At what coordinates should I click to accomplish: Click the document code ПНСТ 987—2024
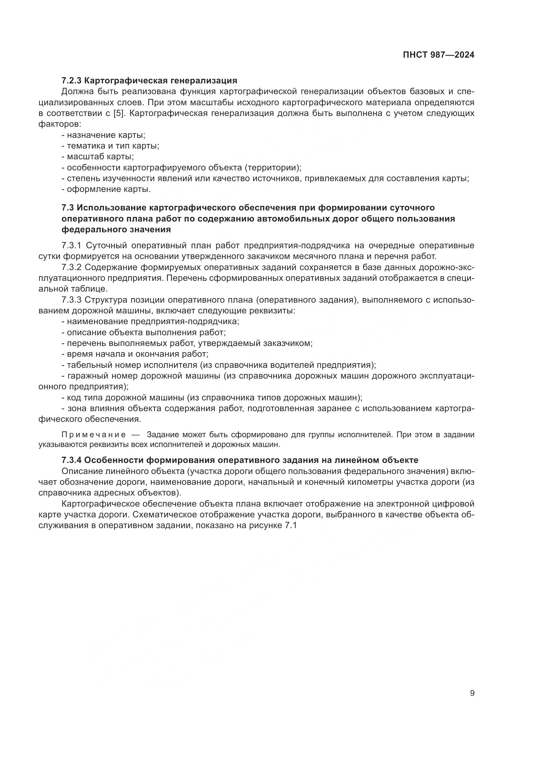click(438, 55)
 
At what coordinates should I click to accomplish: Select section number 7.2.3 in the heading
click(72, 81)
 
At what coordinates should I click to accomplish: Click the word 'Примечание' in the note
click(94, 435)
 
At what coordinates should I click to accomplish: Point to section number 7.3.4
click(72, 460)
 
